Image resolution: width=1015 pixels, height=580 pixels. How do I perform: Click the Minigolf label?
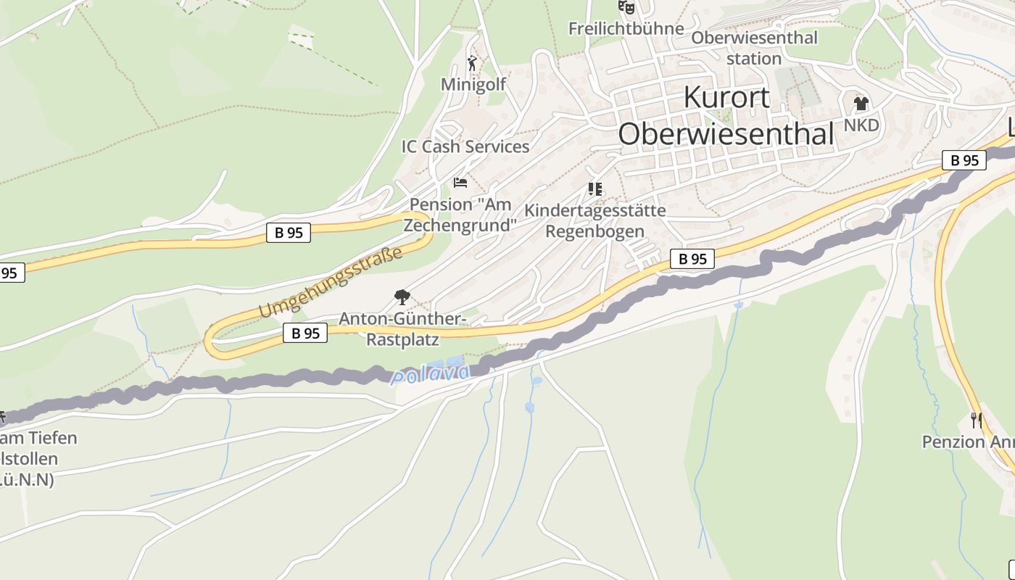pos(473,85)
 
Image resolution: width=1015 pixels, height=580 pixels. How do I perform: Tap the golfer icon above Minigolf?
pos(473,63)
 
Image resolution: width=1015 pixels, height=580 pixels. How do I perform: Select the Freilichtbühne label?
pos(626,28)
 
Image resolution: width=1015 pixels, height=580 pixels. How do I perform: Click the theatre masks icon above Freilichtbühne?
pos(626,7)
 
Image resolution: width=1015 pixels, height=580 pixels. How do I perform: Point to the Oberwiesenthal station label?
pos(754,48)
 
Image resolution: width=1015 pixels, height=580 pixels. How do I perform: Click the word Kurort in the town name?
pos(726,97)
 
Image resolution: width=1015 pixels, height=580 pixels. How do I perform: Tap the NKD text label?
pos(861,125)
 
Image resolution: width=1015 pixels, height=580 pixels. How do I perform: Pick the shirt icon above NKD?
pos(861,104)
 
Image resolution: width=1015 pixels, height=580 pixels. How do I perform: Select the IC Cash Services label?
pos(465,146)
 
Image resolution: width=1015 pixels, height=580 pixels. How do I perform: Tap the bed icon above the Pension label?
pos(460,182)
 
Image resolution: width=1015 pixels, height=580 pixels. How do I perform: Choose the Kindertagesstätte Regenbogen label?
pos(594,221)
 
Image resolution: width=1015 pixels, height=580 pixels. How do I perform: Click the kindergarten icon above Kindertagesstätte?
pos(595,189)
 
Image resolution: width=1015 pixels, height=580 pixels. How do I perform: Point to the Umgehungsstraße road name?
pos(330,283)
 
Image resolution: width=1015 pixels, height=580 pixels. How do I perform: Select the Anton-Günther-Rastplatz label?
pos(403,329)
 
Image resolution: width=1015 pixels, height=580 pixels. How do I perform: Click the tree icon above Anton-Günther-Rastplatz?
pos(402,297)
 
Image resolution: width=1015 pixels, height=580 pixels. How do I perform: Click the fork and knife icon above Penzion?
pos(977,420)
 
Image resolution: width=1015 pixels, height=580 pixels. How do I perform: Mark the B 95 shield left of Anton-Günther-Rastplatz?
pos(304,333)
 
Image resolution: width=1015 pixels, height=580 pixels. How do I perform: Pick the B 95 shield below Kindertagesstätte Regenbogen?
pos(692,259)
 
